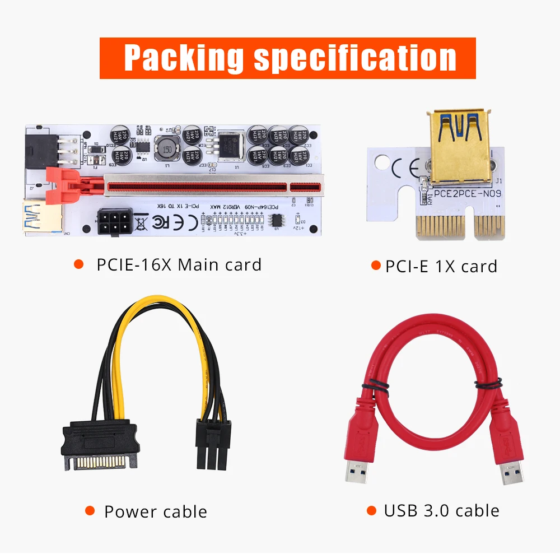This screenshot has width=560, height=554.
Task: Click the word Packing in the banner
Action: coord(184,57)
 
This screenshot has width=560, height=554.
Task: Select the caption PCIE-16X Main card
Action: coord(179,264)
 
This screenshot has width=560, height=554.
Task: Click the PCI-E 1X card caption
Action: coord(441,266)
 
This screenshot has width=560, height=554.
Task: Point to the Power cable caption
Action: coord(155,511)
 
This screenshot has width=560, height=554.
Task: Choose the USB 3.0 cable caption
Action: coord(441,510)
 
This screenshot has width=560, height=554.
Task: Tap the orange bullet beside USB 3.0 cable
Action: coord(371,510)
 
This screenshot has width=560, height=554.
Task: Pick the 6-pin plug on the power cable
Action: coord(213,445)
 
